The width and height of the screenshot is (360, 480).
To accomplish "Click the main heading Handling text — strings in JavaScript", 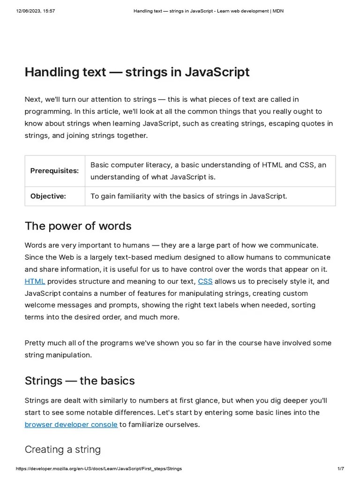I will pyautogui.click(x=137, y=72).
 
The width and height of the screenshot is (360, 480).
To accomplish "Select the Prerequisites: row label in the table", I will pyautogui.click(x=54, y=171).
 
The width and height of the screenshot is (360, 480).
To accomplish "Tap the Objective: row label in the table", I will pyautogui.click(x=48, y=196).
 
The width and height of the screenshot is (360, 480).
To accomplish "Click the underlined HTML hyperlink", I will pyautogui.click(x=35, y=281).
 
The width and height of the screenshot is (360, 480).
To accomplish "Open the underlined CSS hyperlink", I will pyautogui.click(x=205, y=281).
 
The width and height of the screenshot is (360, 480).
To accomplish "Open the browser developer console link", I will pyautogui.click(x=71, y=425).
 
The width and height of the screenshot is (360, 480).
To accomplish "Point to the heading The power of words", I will pyautogui.click(x=78, y=226).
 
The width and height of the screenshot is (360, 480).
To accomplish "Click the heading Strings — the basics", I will pyautogui.click(x=79, y=381).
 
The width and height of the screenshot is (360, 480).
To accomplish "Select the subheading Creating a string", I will pyautogui.click(x=62, y=450).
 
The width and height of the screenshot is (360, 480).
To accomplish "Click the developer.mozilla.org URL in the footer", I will pyautogui.click(x=99, y=469).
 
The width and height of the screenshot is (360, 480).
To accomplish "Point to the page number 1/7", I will pyautogui.click(x=341, y=469).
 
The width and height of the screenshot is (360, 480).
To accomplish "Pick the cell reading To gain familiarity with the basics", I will pyautogui.click(x=188, y=196).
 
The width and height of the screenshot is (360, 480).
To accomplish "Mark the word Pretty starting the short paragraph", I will pyautogui.click(x=35, y=343).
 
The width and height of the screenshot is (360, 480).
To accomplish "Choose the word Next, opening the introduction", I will pyautogui.click(x=34, y=99).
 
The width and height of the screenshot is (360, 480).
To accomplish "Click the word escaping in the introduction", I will pyautogui.click(x=271, y=123).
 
